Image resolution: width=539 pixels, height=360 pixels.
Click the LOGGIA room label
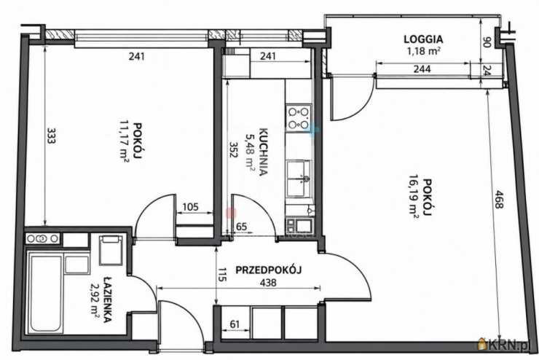coord(423,39)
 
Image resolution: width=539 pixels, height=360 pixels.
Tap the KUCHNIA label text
coord(263,152)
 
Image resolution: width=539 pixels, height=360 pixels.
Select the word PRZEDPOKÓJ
coord(269,270)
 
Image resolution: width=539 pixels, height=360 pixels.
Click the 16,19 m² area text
coord(414,196)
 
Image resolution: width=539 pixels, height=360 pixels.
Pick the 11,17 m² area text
coord(125,141)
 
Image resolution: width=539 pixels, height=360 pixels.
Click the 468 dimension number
coord(499,199)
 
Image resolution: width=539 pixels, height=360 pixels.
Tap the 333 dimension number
coord(51,136)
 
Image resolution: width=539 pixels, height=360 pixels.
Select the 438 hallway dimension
coord(268,283)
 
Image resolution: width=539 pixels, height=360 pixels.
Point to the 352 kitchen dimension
coord(234,149)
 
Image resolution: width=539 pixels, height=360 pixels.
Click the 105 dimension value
coord(190,207)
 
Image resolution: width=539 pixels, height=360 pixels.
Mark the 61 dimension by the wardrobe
coord(235,324)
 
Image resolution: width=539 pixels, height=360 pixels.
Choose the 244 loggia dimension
coord(422,69)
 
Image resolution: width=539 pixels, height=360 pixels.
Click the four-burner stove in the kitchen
coord(299,117)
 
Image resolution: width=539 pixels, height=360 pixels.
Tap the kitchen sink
coord(299,178)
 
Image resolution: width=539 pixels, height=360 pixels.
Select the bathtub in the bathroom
coord(46,293)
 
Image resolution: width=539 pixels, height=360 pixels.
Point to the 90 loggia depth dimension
coord(487,42)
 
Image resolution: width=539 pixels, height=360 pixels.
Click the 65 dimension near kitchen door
coord(242,227)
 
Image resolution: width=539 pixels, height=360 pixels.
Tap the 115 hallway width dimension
coord(223,275)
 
